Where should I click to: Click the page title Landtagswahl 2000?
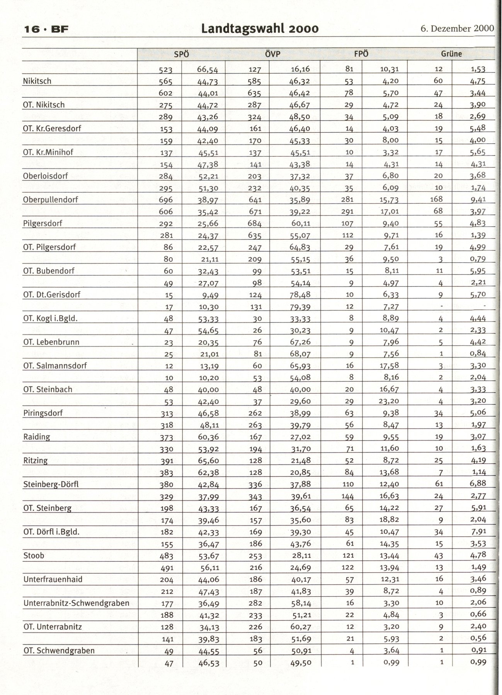coord(260,29)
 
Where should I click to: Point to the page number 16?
coord(32,29)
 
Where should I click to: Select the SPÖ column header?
coord(181,54)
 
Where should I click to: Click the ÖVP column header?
coord(272,54)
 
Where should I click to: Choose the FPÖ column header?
coord(361,54)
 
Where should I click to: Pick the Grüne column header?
coord(451,54)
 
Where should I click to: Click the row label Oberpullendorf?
coord(51,200)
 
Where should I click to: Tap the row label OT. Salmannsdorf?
coord(55,365)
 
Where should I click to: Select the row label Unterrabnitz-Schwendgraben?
coord(76,603)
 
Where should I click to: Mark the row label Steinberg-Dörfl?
coord(51,484)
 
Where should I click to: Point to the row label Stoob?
coord(34,555)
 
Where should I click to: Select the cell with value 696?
coord(165,200)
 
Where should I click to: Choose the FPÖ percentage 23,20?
coord(389,401)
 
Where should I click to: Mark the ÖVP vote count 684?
coord(254,223)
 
